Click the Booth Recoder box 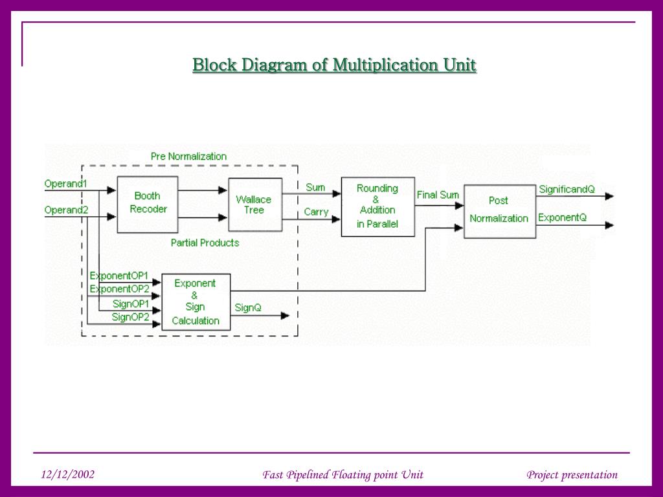pos(148,204)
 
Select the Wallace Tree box pos(255,204)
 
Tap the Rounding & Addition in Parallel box pos(378,206)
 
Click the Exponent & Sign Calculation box pos(196,302)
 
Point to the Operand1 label pos(65,184)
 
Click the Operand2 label pos(66,210)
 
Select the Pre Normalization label pos(188,157)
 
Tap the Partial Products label pos(205,243)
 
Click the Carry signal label pos(316,212)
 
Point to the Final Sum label pos(438,195)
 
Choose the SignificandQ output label pos(567,190)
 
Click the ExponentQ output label pos(563,217)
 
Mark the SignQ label pos(248,307)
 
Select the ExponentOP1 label pos(119,276)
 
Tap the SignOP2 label pos(131,317)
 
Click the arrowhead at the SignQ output pos(286,316)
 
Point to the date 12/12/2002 pos(67,474)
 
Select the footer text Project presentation pos(572,475)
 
